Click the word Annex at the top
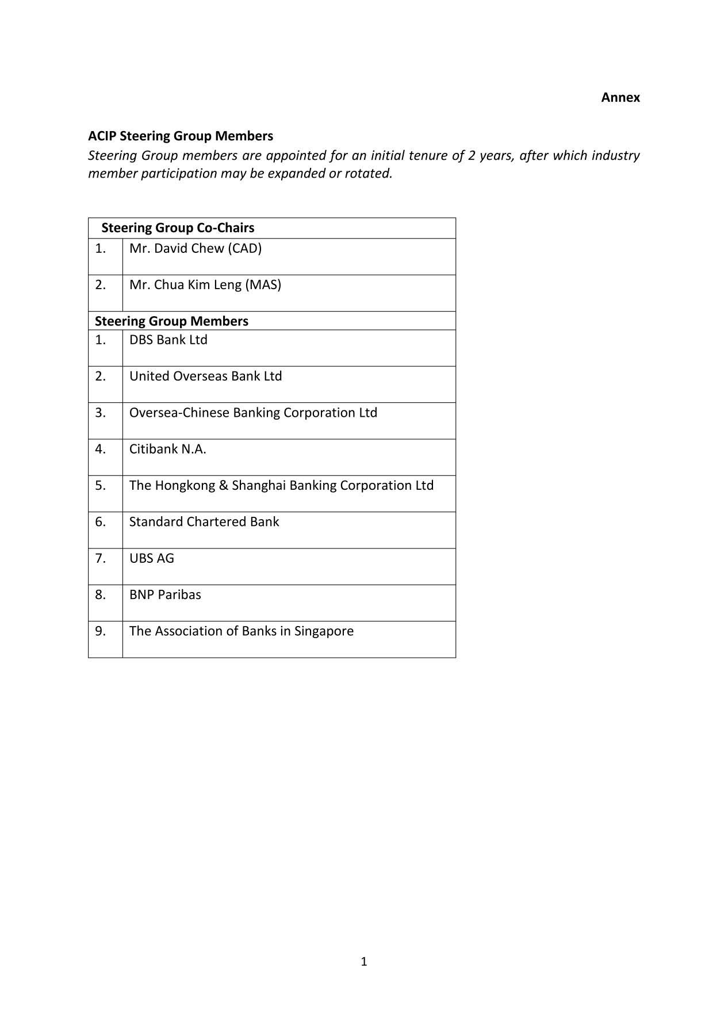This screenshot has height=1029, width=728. coord(620,98)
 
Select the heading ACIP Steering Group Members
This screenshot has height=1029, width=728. coord(180,136)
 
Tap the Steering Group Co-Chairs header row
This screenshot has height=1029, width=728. coord(178,228)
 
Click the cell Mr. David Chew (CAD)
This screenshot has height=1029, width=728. coord(195,248)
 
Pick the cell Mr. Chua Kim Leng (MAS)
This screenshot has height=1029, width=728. coord(205,285)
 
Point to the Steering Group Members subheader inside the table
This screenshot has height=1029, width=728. coord(171,321)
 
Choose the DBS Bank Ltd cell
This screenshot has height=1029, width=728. coord(168,340)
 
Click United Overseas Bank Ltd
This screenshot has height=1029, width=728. coord(205,376)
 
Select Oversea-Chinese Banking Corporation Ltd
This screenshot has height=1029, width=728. coord(253,413)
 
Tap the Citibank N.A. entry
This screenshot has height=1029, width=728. coord(167,449)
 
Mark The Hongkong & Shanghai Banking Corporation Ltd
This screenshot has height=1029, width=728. coord(281,485)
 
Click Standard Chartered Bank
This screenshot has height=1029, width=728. coord(204,522)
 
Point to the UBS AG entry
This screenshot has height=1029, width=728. coord(151,558)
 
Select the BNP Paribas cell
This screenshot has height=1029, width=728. coord(165,594)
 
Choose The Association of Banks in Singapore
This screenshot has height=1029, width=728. coord(241,631)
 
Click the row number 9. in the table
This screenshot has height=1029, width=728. coord(101,631)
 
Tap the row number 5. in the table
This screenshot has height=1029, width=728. coord(101,485)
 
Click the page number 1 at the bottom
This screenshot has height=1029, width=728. coord(363,961)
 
